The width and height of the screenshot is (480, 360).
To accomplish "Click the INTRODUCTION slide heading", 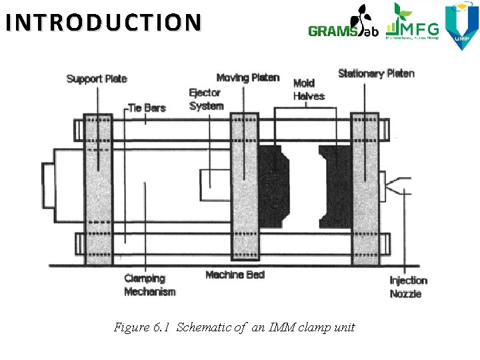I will (102, 22).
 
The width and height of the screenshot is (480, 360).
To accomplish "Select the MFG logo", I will (413, 24).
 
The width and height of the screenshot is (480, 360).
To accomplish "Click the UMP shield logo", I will (462, 25).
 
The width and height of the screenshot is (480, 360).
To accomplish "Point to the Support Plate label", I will (97, 79).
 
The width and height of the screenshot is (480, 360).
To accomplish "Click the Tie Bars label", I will (146, 107).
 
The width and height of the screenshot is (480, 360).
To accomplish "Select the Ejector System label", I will (206, 100).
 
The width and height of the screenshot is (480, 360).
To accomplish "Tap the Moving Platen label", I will (248, 78).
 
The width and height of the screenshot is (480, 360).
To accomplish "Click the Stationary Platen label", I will (376, 73).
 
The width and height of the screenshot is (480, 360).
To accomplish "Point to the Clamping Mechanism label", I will (150, 285).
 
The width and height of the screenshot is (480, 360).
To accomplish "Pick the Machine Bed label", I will (235, 275).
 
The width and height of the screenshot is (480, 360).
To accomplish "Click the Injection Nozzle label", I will (408, 287).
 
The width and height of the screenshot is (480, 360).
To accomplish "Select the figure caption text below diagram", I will (235, 327).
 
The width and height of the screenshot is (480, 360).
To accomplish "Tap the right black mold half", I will (336, 186).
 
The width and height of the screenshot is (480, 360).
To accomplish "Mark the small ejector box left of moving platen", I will (215, 179).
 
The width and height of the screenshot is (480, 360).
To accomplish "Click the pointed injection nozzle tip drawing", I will (399, 184).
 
